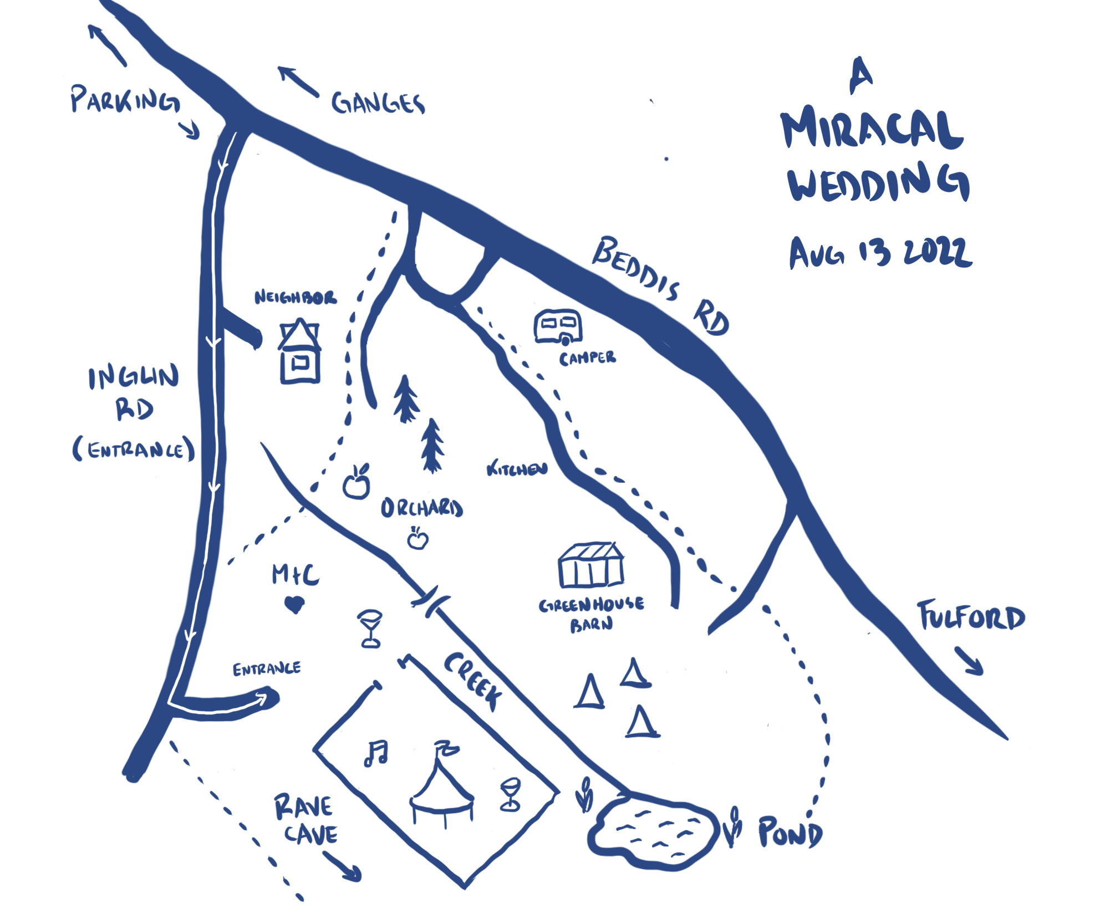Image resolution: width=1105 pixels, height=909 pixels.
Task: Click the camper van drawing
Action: coord(558,327)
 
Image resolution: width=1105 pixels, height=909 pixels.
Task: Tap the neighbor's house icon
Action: coord(300,351)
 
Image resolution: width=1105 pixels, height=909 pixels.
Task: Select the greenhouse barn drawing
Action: coord(591,565)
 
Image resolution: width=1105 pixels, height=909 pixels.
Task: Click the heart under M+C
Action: coord(294,604)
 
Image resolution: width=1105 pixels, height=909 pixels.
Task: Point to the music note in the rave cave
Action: coord(376,753)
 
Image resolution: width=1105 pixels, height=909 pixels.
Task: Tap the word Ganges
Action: coord(378,104)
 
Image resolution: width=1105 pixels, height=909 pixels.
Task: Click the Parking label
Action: coord(125,100)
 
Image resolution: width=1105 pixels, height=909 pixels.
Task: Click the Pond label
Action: coord(790,832)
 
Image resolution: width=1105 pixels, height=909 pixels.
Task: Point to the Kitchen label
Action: coord(517,469)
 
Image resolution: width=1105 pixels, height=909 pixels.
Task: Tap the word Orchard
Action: coord(421,508)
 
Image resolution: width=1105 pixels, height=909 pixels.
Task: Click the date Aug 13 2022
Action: coord(880,253)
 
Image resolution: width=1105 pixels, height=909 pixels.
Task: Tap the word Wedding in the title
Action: coord(878,183)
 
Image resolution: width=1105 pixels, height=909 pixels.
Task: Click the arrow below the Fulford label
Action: coord(969,661)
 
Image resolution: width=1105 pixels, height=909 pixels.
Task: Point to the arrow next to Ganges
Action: coord(298,81)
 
